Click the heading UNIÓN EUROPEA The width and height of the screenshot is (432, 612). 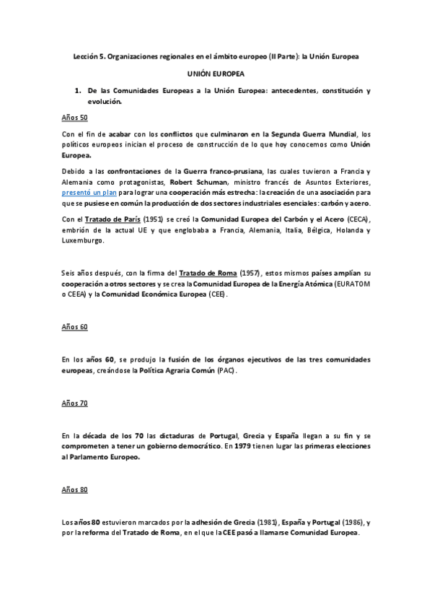[216, 74]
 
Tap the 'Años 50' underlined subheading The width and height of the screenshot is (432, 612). [74, 117]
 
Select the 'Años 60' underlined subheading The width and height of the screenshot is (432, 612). [74, 326]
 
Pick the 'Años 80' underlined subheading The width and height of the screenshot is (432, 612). [74, 490]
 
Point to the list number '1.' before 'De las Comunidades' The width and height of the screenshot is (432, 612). [77, 92]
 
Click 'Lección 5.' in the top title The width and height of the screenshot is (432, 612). [92, 56]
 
